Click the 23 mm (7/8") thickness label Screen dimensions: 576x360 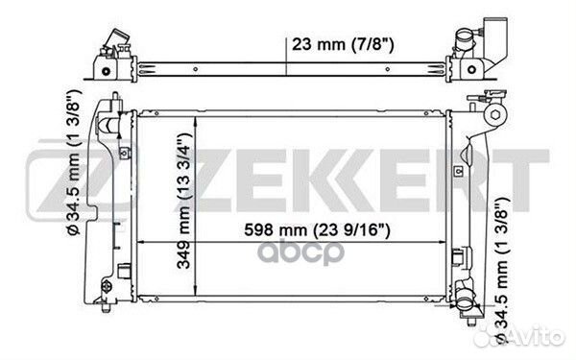[343, 45]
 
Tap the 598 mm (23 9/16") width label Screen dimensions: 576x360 [317, 230]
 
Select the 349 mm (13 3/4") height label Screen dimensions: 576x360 [184, 201]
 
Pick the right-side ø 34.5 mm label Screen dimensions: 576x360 [502, 270]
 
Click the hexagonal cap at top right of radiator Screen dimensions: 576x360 [494, 115]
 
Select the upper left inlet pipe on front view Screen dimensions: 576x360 [108, 124]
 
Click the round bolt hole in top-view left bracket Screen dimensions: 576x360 [106, 71]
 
